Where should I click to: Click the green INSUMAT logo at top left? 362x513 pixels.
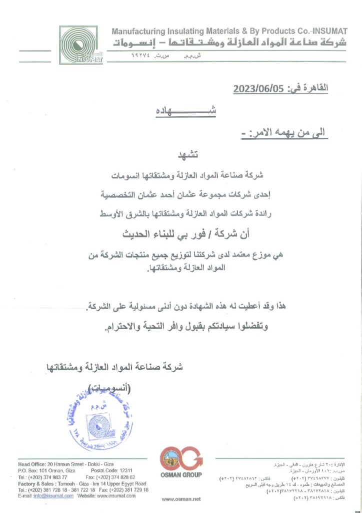point(81,46)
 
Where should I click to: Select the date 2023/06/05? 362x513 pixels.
point(258,89)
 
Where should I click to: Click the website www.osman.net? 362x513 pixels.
point(181,498)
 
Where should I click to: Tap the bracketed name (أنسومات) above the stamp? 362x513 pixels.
point(116,388)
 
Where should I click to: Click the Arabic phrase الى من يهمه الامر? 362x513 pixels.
point(289,132)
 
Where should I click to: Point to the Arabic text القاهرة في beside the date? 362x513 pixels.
point(306,89)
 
